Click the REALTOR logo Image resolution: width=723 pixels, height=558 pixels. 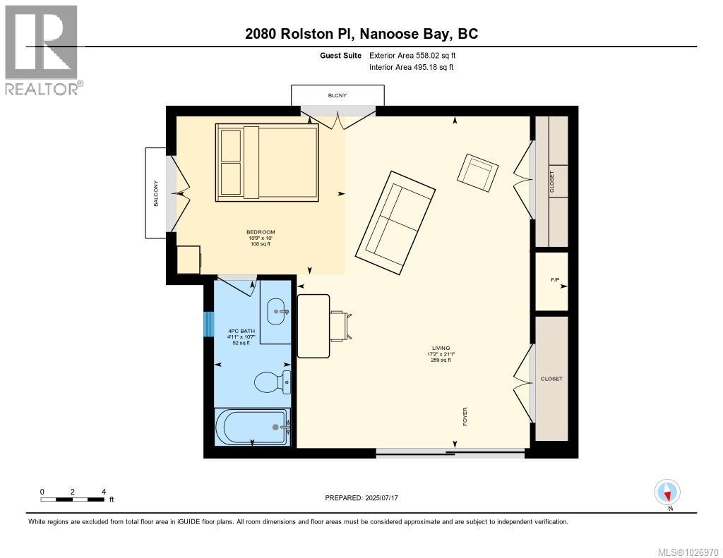click(x=42, y=49)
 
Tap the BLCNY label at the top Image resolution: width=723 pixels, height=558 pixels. click(x=337, y=95)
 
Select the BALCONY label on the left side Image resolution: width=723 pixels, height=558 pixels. click(x=156, y=193)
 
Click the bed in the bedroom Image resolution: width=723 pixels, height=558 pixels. click(x=267, y=161)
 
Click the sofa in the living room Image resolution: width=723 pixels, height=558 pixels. click(x=395, y=222)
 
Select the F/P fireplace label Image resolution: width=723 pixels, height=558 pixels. click(x=555, y=281)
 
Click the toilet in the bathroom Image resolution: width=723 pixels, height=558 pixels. click(x=272, y=382)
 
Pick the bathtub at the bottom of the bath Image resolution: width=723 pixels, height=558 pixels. click(x=252, y=426)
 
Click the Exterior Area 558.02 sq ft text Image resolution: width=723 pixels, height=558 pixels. click(x=417, y=55)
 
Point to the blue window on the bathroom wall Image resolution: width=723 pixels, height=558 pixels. click(x=208, y=325)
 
